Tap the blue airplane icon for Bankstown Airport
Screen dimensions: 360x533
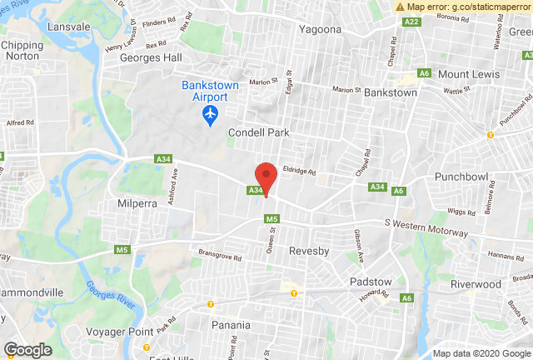point(212,112)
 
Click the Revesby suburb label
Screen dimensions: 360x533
point(311,250)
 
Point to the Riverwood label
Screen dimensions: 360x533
point(475,283)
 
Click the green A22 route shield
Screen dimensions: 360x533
point(411,22)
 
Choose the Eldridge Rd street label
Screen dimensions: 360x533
point(298,170)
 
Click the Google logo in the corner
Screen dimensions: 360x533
point(28,350)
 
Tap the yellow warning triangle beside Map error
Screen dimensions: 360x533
point(401,6)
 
